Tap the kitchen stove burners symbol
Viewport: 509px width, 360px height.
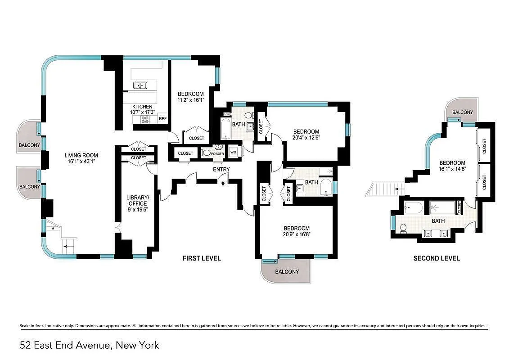145,119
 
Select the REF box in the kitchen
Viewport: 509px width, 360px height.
162,119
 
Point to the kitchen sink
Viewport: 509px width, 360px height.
140,85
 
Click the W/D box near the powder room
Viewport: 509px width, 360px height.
234,152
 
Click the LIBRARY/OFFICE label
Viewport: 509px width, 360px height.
137,201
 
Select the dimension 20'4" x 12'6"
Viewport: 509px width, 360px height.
306,138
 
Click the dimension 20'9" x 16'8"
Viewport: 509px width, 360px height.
296,234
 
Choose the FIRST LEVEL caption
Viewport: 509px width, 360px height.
201,258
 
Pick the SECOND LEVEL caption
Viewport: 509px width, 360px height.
436,258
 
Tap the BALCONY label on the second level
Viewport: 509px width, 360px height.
462,112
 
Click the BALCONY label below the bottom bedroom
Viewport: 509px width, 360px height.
287,272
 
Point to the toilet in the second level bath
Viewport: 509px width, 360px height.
403,228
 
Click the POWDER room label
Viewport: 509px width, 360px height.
217,153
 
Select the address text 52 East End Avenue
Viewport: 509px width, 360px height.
89,346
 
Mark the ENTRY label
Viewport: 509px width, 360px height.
221,170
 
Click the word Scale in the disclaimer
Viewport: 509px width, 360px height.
25,326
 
